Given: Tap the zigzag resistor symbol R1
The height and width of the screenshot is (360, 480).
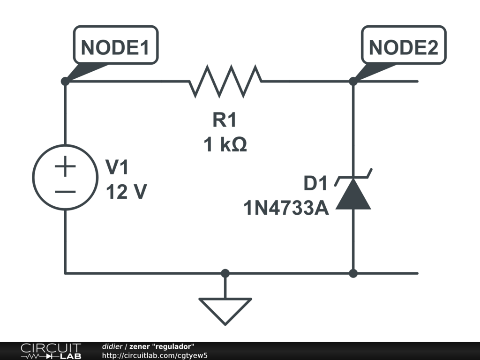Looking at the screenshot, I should (225, 81).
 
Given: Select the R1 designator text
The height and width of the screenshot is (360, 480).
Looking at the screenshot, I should (225, 120).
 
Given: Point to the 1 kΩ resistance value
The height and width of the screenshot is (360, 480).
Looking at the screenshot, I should (225, 145).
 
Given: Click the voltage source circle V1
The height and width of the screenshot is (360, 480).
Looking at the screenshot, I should (65, 177).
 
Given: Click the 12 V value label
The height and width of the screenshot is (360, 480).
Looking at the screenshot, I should (126, 192).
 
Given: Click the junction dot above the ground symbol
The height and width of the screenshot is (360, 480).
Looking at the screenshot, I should (225, 273).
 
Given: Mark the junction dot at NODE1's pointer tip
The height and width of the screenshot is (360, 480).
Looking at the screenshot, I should (65, 81).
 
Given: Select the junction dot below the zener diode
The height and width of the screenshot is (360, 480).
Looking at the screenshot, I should (353, 273).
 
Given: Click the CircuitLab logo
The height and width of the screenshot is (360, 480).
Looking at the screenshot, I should (51, 351).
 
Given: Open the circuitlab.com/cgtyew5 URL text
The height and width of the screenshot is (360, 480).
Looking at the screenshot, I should (155, 355).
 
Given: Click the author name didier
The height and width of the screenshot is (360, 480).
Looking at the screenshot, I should (112, 346).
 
